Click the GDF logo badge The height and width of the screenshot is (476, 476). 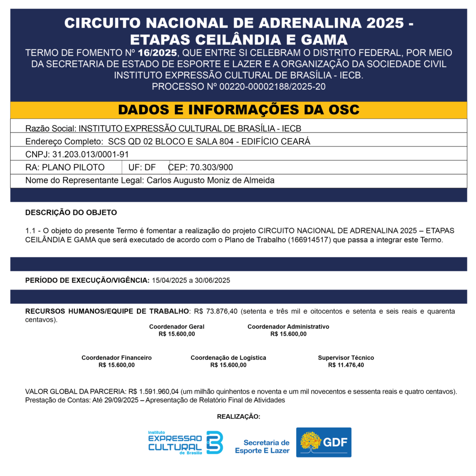(x=324, y=442)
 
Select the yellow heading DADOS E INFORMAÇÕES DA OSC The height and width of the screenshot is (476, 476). (x=238, y=110)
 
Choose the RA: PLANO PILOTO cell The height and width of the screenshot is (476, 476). (x=65, y=167)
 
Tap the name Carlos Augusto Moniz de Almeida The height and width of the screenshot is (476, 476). (x=211, y=180)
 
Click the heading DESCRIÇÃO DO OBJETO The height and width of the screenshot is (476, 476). (x=71, y=213)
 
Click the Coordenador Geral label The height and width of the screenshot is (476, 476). (x=177, y=327)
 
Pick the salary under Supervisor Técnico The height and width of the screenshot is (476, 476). (x=346, y=365)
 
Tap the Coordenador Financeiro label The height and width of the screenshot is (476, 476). (x=117, y=358)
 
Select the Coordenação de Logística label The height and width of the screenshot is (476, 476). (x=228, y=358)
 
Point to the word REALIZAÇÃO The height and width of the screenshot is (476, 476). (x=238, y=416)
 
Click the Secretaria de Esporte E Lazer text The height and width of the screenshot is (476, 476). (x=263, y=447)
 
